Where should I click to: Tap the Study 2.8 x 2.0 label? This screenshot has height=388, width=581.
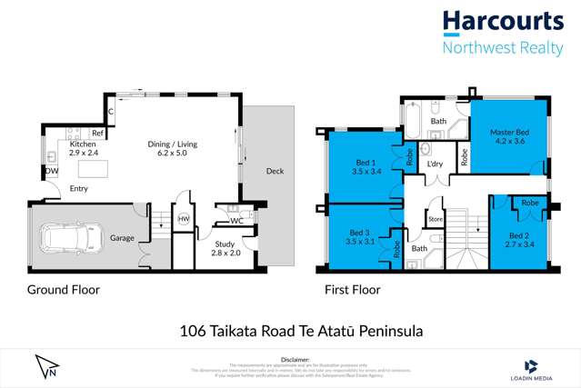point(224,249)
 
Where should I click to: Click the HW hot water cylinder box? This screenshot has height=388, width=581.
point(183,219)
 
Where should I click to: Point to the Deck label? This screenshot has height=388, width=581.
point(275,170)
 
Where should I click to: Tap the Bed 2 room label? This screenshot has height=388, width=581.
point(517,240)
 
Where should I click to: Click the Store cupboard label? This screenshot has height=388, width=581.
point(435,218)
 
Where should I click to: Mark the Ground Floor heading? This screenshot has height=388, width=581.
point(63,291)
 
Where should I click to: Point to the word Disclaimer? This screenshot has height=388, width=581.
point(290,360)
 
